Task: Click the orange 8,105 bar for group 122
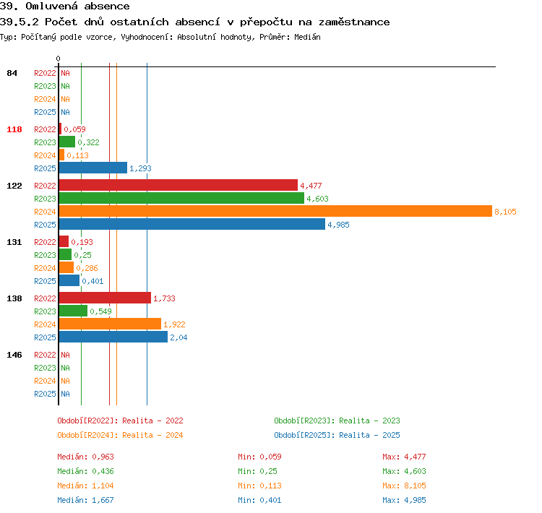pos(275,211)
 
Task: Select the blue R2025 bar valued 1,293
pos(93,168)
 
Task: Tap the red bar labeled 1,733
pos(105,298)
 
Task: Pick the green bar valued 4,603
pos(181,198)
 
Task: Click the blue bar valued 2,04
pos(113,337)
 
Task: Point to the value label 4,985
pos(338,225)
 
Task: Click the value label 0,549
pos(100,311)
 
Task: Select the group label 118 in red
pos(14,129)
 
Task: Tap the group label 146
pos(14,355)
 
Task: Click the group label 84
pos(12,73)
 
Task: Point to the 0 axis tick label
pos(58,59)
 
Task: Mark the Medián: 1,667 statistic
pos(85,500)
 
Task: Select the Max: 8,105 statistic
pos(404,486)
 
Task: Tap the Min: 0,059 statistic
pos(259,457)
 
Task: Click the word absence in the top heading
pos(107,6)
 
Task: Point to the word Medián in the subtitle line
pos(307,37)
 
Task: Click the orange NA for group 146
pos(65,381)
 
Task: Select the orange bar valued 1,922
pos(110,324)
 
